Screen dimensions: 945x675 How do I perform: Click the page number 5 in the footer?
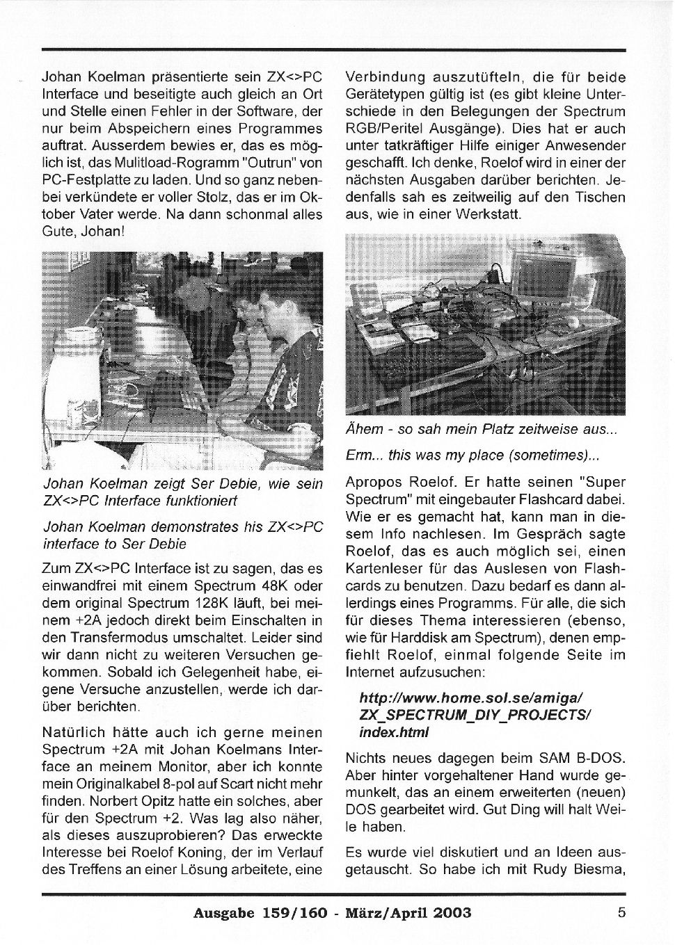click(x=621, y=912)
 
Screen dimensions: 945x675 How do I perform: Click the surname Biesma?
click(x=599, y=869)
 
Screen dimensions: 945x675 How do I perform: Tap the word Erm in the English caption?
click(x=359, y=455)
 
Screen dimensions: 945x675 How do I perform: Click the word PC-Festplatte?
click(x=86, y=180)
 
